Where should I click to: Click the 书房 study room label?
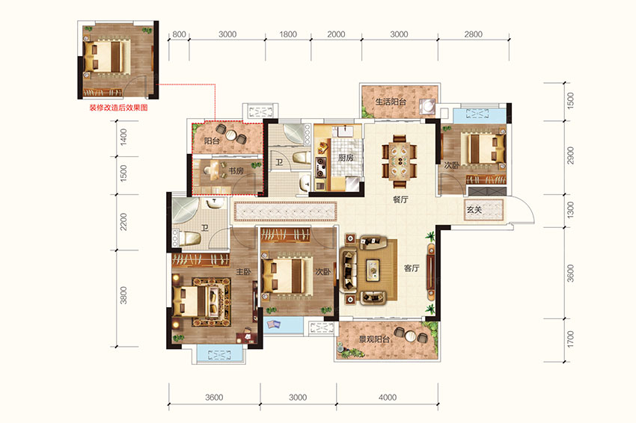(236, 171)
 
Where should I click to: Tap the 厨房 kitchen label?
(346, 158)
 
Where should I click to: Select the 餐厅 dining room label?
(400, 200)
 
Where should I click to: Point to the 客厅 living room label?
(412, 268)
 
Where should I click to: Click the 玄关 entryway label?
(474, 209)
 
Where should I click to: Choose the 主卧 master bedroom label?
(243, 271)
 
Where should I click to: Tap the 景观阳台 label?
(374, 339)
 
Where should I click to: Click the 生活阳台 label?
(391, 102)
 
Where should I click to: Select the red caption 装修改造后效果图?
(118, 108)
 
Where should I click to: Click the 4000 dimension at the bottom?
(388, 398)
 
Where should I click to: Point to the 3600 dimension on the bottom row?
(214, 398)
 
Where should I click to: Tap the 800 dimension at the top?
(179, 34)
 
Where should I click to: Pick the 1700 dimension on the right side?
(570, 339)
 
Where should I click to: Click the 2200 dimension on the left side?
(123, 222)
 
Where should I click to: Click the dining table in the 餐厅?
(400, 161)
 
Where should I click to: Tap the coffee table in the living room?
(373, 271)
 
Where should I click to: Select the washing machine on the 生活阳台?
(427, 107)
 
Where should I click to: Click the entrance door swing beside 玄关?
(523, 209)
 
